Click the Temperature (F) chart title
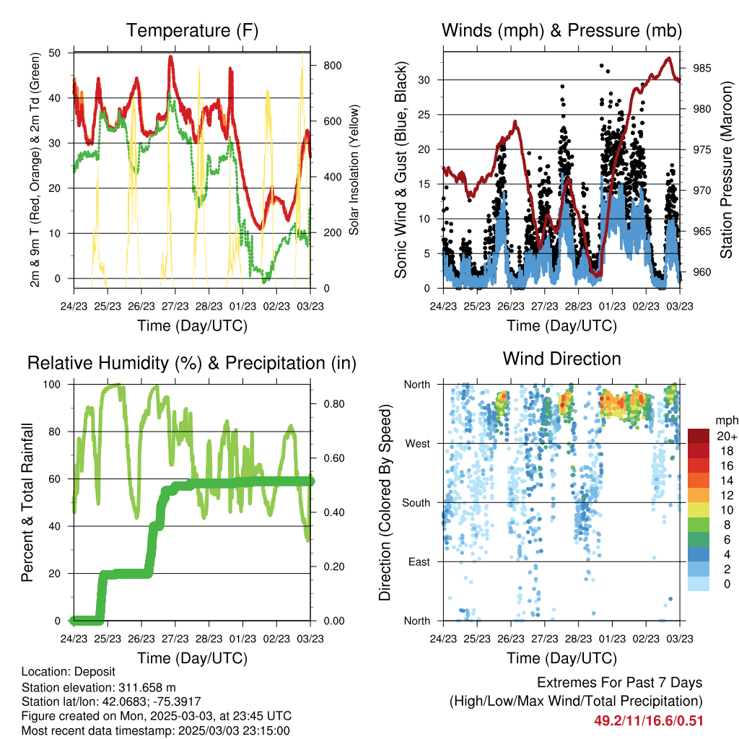pos(192,30)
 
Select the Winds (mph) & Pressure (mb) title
pos(561,30)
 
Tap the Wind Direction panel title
pos(561,359)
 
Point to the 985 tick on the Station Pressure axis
pos(701,69)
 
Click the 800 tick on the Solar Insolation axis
pos(333,66)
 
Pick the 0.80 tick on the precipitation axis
pos(334,404)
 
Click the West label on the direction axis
pos(418,444)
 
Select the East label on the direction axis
pos(419,561)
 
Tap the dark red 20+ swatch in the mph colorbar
pos(699,436)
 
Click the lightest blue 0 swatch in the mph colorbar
pos(699,583)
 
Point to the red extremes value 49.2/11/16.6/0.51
pos(649,721)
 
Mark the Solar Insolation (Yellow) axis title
pos(354,170)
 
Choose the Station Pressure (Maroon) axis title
pos(726,170)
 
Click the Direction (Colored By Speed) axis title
pos(385,502)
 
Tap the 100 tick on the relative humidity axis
pos(52,385)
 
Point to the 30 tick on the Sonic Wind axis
pos(424,80)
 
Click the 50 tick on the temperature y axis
pos(55,53)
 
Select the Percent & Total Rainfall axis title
pos(27,502)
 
